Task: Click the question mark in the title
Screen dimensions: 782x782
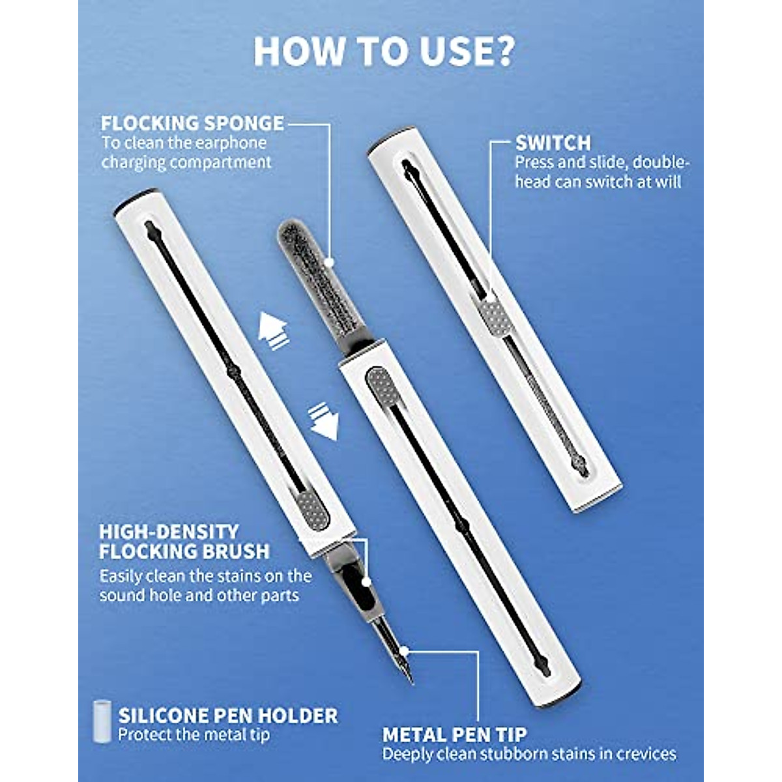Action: (499, 52)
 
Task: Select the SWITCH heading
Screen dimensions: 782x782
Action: (553, 143)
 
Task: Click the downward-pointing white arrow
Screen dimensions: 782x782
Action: (324, 423)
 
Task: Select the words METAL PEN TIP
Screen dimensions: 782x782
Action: (454, 735)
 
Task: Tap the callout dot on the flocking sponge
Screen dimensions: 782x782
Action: (330, 262)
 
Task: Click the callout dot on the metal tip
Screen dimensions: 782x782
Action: (406, 650)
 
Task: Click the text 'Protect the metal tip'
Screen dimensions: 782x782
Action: (194, 734)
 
